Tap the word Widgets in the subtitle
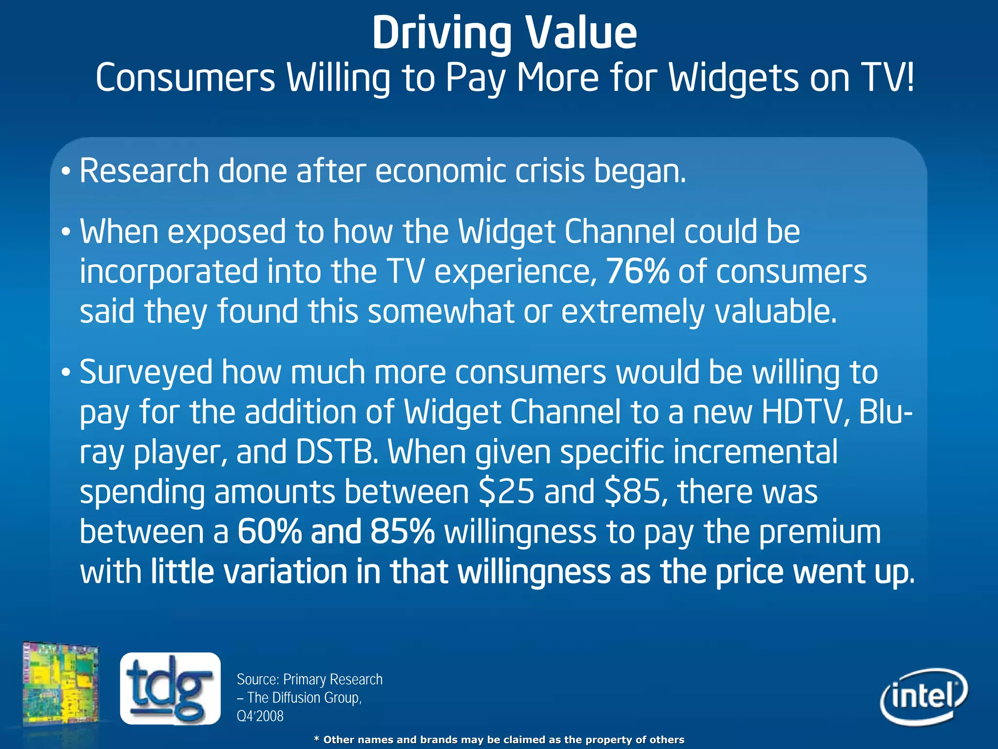coord(733,78)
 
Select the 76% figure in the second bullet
coord(637,272)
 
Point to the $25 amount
coord(507,492)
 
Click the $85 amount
coord(632,492)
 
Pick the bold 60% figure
coord(269,532)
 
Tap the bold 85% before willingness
coord(402,532)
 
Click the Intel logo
coord(924,696)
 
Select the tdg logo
coord(170,688)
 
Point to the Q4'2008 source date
coord(260,716)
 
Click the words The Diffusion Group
coord(304,698)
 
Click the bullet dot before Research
coord(66,172)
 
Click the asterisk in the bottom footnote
coord(316,739)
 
